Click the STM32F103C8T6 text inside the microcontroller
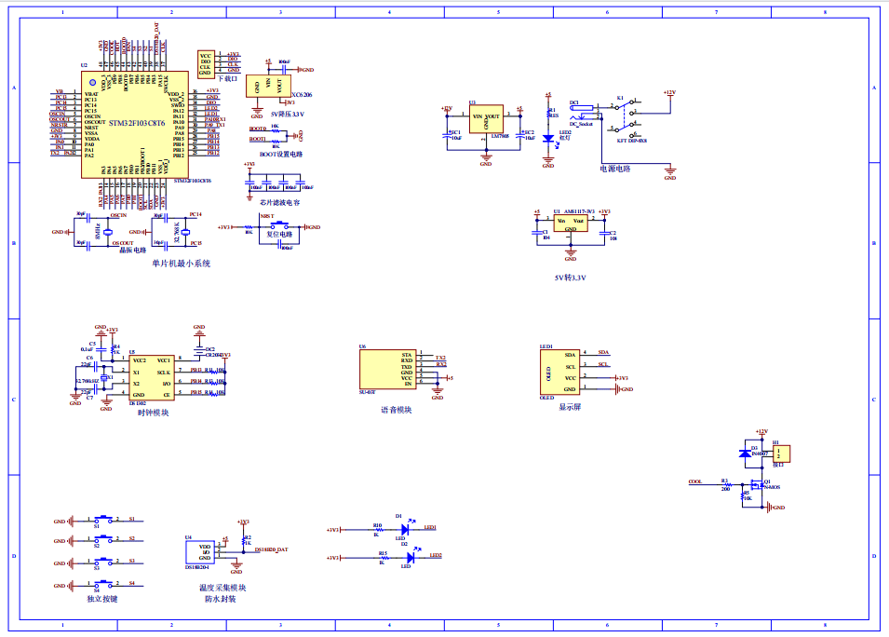136,123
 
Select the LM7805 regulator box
485,119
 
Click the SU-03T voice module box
387,370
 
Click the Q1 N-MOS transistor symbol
754,484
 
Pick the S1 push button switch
104,520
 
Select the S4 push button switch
104,586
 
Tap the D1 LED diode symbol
405,528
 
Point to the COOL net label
694,481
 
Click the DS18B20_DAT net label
271,550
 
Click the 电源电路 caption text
615,169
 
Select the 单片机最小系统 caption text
182,264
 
